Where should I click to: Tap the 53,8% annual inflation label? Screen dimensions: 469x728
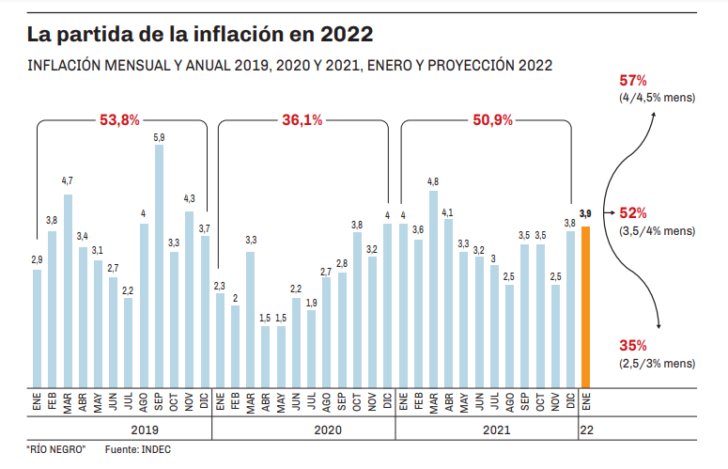tap(119, 120)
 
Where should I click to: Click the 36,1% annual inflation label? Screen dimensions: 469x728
tap(302, 120)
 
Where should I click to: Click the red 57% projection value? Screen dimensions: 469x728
tap(633, 80)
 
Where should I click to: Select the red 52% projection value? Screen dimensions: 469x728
tap(633, 213)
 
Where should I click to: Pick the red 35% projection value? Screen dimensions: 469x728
tap(633, 345)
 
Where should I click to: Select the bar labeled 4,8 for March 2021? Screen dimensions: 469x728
tap(433, 288)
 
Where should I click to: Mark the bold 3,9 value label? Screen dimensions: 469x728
tap(586, 215)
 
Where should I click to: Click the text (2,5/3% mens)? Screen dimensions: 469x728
tap(657, 363)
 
